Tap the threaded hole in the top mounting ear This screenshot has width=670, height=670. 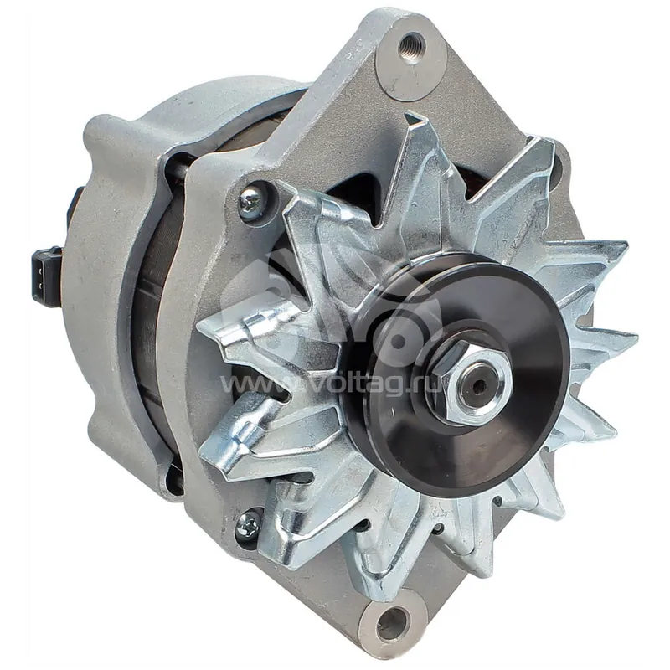click(411, 45)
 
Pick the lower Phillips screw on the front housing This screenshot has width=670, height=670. click(248, 525)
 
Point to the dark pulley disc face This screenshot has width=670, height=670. click(457, 376)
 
